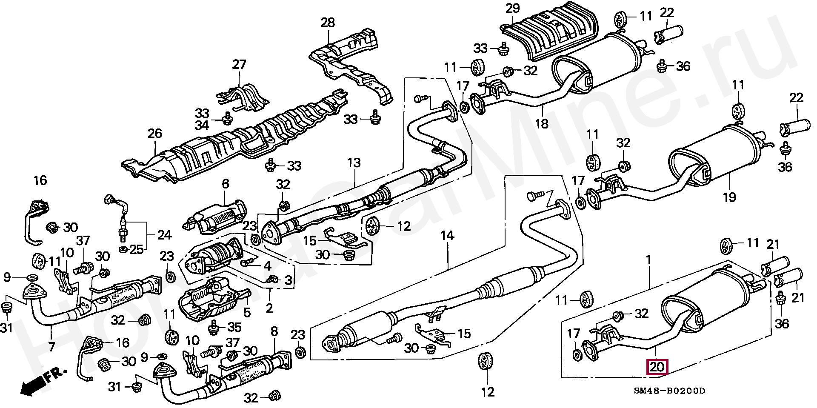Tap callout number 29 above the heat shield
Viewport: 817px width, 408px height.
click(x=513, y=8)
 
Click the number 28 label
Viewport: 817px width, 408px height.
click(x=328, y=22)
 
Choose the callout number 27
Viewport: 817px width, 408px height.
click(x=239, y=65)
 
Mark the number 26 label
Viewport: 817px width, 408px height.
click(x=154, y=134)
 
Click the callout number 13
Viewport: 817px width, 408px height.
click(x=354, y=163)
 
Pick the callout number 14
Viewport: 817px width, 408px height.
click(x=447, y=235)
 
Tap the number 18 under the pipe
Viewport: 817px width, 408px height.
click(x=542, y=124)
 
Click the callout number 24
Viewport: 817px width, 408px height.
click(x=164, y=235)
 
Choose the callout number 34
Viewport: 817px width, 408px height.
click(x=202, y=126)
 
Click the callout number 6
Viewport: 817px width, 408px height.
click(x=225, y=184)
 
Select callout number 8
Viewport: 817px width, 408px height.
click(x=274, y=331)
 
